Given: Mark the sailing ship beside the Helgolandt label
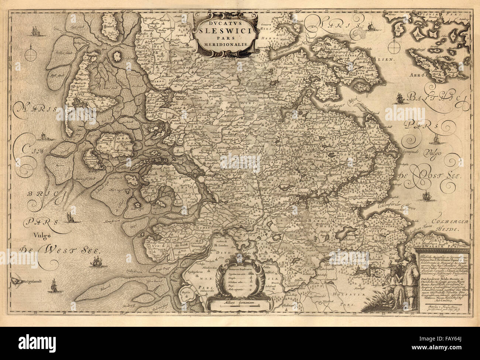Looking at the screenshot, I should point(54,284).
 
